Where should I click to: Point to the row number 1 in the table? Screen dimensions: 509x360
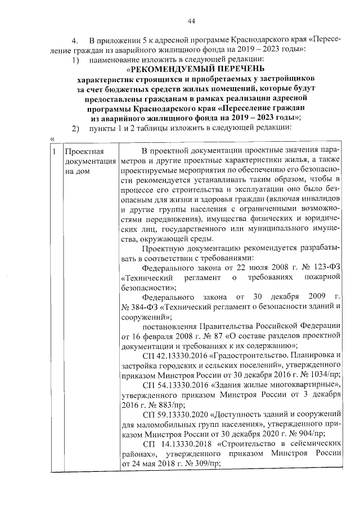pos(53,152)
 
